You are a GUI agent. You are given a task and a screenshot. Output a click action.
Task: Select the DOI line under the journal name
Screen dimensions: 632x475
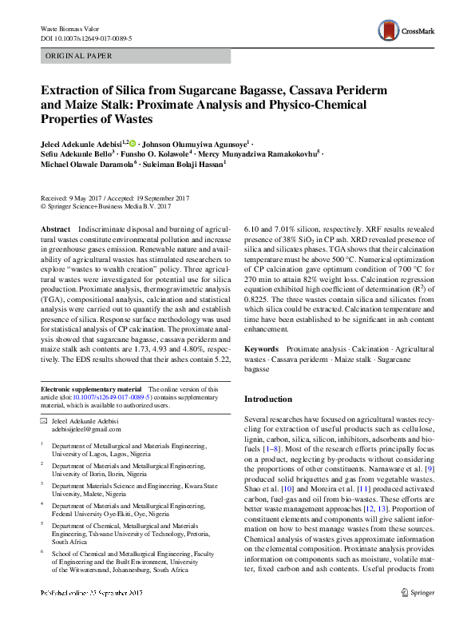click(87, 38)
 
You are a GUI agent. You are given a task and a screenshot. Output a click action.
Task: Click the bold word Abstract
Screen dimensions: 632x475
click(54, 229)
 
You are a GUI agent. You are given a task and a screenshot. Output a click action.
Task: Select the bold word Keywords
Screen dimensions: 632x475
click(261, 349)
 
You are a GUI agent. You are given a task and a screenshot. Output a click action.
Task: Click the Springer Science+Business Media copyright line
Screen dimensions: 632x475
click(105, 206)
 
